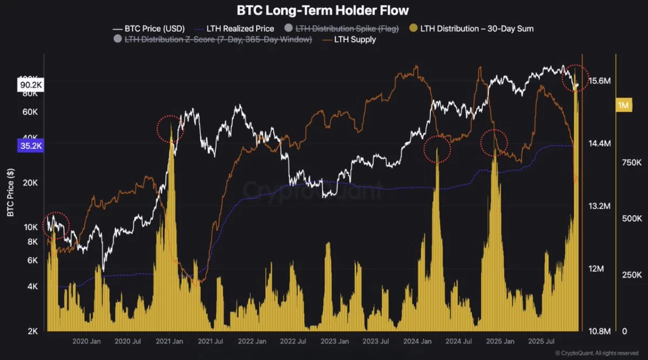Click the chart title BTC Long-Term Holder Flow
tap(323, 10)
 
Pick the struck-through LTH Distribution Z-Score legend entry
tap(213, 39)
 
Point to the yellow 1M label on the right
tap(623, 105)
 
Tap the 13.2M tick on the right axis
tap(599, 206)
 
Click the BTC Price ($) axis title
tap(10, 192)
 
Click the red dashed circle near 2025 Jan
tap(494, 142)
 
